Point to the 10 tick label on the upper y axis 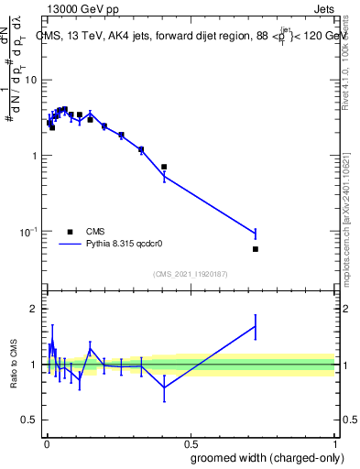click(x=29, y=81)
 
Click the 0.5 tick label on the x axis click(x=191, y=442)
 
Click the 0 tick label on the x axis click(x=47, y=442)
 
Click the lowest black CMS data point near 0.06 click(x=256, y=249)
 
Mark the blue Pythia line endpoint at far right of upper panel click(x=256, y=234)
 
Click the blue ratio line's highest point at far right click(x=256, y=325)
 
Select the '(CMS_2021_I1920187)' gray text click(x=191, y=274)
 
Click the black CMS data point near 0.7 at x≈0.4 click(x=164, y=167)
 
